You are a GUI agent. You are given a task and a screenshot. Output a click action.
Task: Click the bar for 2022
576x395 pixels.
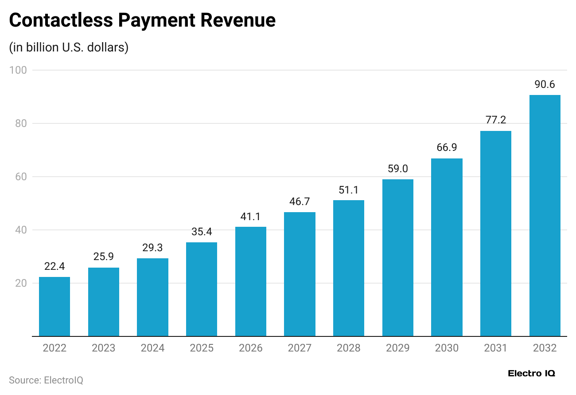click(x=54, y=306)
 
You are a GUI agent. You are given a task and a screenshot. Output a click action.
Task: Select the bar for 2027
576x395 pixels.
click(x=300, y=274)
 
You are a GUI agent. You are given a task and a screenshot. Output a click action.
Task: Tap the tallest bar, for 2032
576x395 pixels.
click(x=545, y=215)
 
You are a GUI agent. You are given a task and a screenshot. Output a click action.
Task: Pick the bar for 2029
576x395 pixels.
click(x=397, y=257)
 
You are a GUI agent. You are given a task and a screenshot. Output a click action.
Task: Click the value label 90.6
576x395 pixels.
click(x=545, y=84)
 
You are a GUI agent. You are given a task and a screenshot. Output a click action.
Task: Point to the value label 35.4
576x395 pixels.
click(x=202, y=231)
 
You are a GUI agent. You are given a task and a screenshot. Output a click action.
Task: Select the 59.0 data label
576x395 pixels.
click(x=397, y=169)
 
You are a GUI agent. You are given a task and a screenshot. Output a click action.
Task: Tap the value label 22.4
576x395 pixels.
click(x=54, y=266)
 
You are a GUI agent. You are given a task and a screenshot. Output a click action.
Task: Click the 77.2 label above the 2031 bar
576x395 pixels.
click(x=495, y=120)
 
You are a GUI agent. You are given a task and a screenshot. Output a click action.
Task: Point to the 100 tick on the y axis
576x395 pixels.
click(x=18, y=70)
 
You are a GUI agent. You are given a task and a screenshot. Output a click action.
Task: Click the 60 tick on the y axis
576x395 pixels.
click(x=20, y=177)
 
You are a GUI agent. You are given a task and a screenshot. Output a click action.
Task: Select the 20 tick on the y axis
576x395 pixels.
click(x=20, y=283)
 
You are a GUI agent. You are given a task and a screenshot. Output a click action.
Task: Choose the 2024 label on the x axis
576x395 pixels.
click(x=152, y=348)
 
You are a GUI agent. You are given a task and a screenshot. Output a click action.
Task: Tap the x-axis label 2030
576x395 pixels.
click(x=447, y=348)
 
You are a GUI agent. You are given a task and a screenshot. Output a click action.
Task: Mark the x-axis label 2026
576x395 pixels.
click(x=250, y=348)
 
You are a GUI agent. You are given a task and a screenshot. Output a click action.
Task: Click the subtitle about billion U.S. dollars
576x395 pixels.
click(x=69, y=47)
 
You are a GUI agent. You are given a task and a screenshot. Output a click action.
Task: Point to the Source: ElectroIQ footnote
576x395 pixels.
click(x=46, y=380)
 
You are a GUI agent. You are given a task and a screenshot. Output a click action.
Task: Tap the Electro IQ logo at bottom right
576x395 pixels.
click(x=531, y=374)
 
